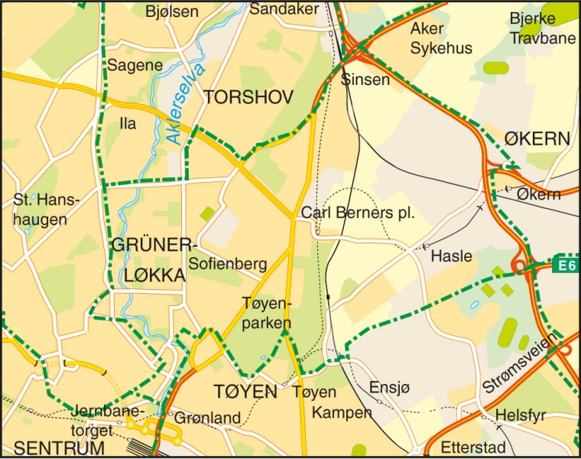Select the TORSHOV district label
tap(248, 97)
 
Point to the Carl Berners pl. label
tap(358, 213)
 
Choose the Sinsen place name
tap(365, 80)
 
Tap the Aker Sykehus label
tap(441, 38)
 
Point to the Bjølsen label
tap(171, 11)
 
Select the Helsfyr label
tap(521, 415)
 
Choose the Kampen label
tap(342, 413)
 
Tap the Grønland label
tap(207, 418)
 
